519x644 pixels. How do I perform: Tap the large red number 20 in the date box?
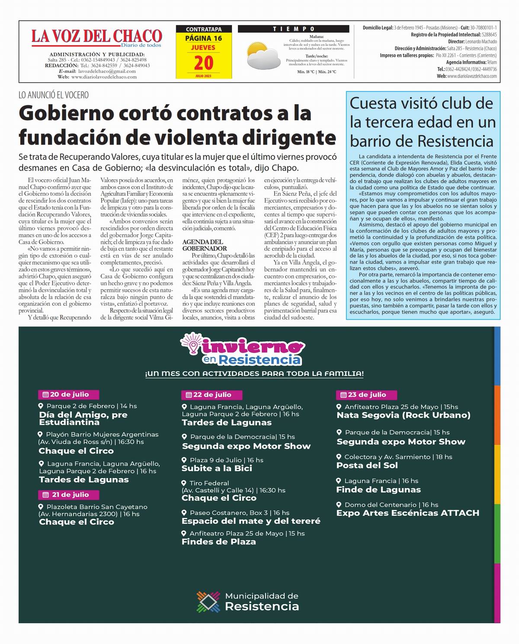pyautogui.click(x=203, y=63)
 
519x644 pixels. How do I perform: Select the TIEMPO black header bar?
pyautogui.click(x=293, y=29)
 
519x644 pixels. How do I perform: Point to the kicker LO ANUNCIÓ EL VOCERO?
pyautogui.click(x=54, y=95)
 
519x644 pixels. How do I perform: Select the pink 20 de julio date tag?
pyautogui.click(x=69, y=395)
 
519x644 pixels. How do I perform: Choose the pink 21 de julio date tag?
pyautogui.click(x=69, y=495)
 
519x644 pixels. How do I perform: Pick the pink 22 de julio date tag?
pyautogui.click(x=211, y=395)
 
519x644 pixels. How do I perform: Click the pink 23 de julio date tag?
pyautogui.click(x=366, y=395)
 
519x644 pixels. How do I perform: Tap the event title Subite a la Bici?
pyautogui.click(x=217, y=468)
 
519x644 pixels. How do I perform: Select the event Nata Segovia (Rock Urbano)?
pyautogui.click(x=403, y=415)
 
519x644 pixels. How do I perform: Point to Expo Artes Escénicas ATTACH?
pyautogui.click(x=407, y=513)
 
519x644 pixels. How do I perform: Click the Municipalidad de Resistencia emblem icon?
pyautogui.click(x=208, y=602)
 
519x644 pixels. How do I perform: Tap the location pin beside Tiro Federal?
pyautogui.click(x=184, y=483)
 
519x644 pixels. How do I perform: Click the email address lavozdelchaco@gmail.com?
pyautogui.click(x=107, y=71)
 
